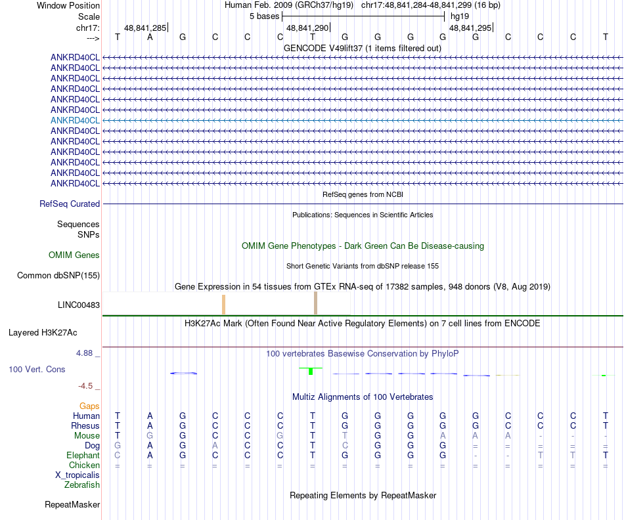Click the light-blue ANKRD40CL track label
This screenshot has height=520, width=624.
coord(75,120)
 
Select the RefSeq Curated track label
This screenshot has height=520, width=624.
coord(70,204)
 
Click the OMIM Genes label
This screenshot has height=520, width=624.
coord(74,255)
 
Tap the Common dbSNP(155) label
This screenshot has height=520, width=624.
coord(58,276)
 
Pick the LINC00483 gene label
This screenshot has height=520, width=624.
coord(79,305)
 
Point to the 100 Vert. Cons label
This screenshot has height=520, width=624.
coord(37,370)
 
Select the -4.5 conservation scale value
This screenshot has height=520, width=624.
coord(88,386)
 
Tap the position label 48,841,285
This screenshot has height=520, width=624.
coord(145,28)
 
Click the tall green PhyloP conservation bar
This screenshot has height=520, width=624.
coord(310,372)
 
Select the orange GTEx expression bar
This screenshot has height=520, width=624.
coord(223,305)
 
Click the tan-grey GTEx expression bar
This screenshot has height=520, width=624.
coord(315,303)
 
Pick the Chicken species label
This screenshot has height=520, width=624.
coord(85,466)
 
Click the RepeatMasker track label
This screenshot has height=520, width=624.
coord(72,505)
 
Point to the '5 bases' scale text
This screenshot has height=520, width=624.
coord(264,16)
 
